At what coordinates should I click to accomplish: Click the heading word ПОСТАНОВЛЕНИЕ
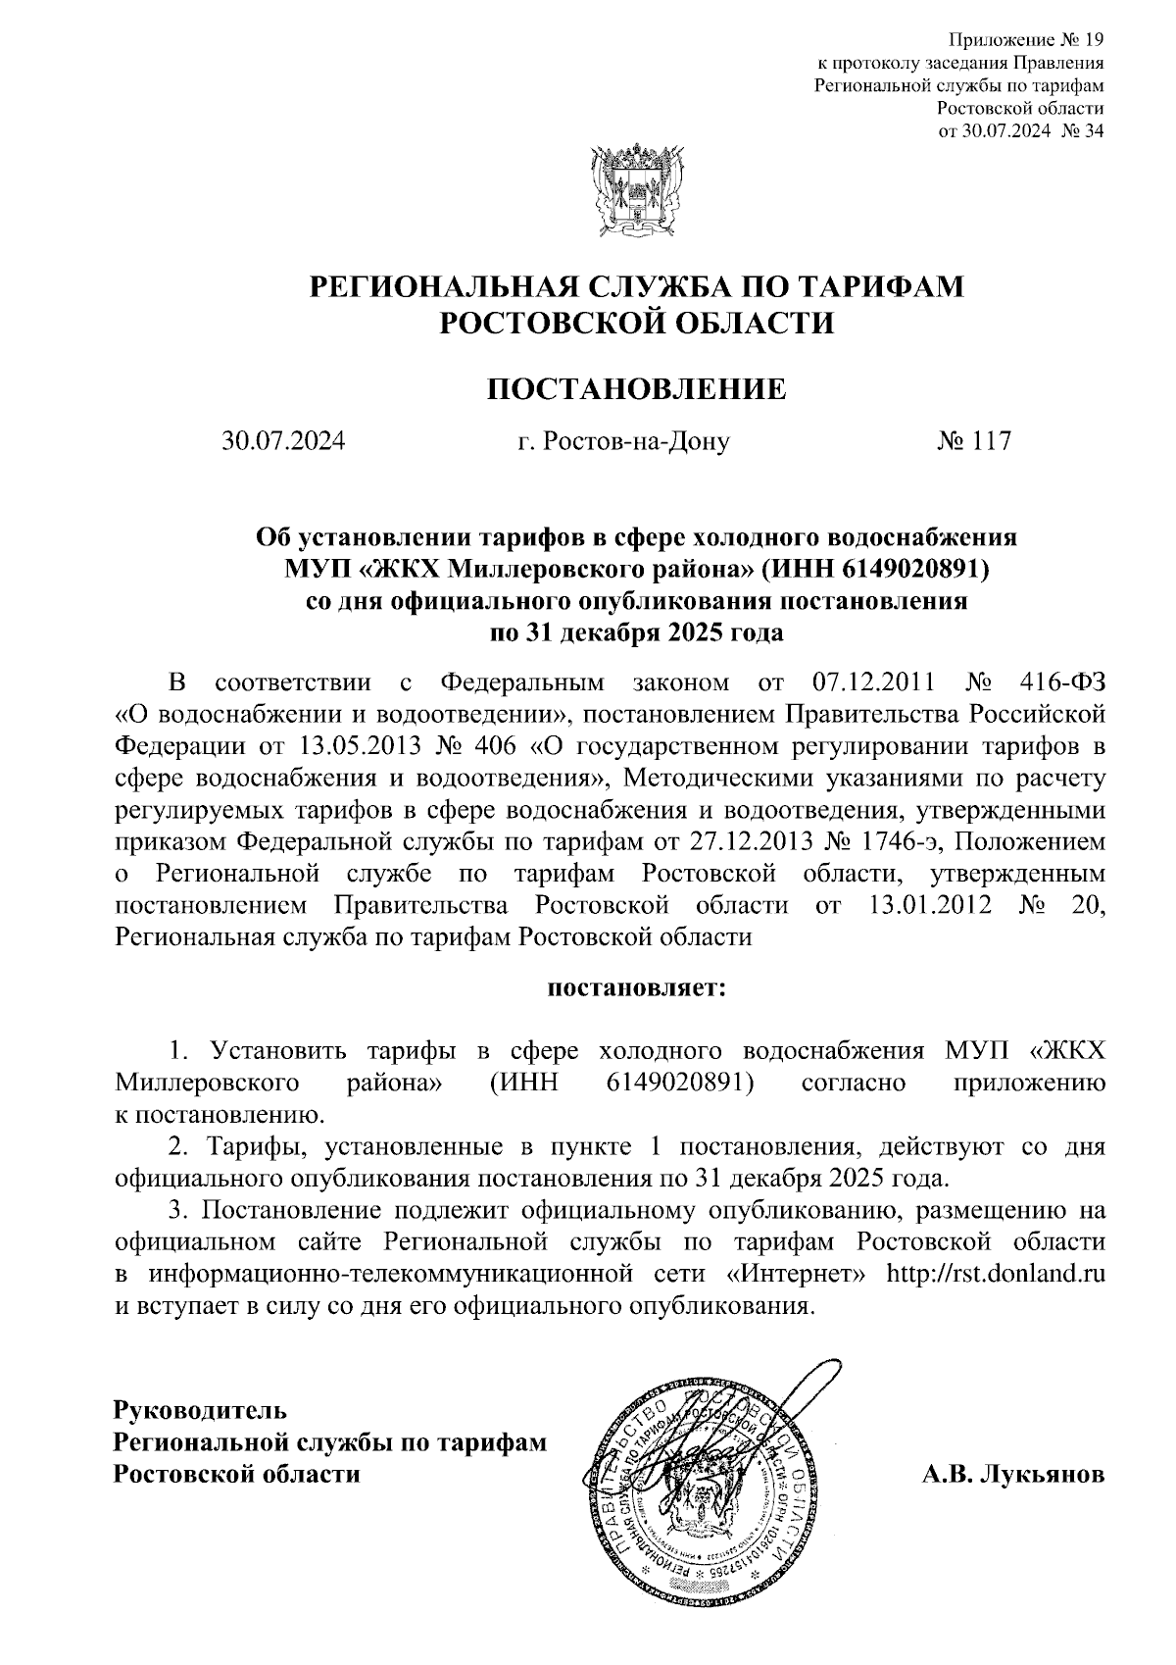(x=637, y=389)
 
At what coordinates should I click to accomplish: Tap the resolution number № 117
(x=973, y=441)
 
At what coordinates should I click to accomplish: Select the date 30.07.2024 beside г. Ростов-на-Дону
(x=283, y=441)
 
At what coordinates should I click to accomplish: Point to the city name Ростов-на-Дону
(x=640, y=441)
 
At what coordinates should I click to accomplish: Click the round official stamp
(x=703, y=1485)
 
